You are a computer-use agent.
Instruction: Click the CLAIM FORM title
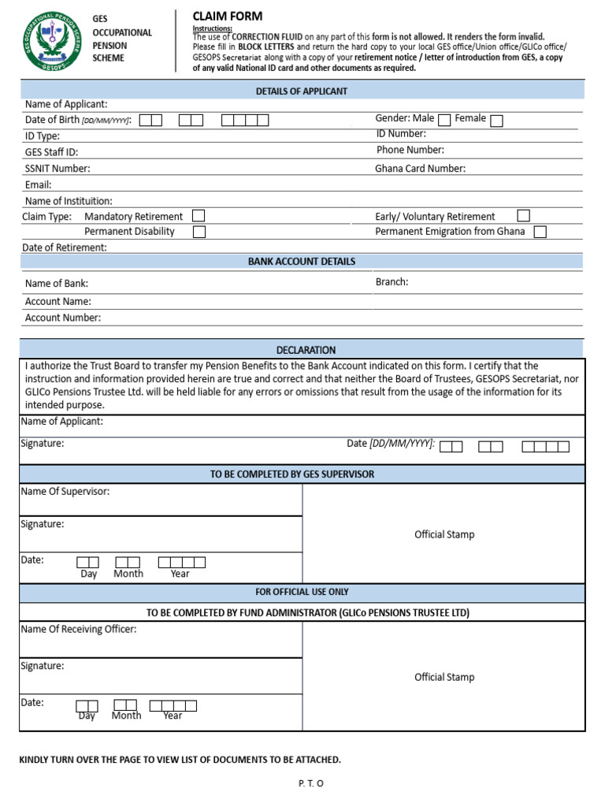click(x=228, y=17)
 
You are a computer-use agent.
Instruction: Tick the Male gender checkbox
click(x=444, y=120)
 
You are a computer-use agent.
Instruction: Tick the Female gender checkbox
click(x=496, y=120)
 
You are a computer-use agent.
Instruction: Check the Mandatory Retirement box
click(x=199, y=215)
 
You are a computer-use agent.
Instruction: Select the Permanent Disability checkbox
click(x=199, y=232)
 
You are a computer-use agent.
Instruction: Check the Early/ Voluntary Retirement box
click(x=524, y=215)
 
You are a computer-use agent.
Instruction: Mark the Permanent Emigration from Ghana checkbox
click(x=540, y=232)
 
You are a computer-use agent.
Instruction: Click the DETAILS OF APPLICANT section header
click(x=302, y=91)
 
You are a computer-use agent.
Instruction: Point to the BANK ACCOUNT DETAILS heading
click(x=302, y=262)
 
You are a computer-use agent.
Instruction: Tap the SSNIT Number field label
click(x=58, y=168)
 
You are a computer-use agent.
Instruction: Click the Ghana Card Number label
click(x=420, y=168)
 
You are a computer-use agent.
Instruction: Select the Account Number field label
click(x=63, y=318)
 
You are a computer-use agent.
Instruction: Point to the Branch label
click(x=392, y=281)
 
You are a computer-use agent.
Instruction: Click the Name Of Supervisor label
click(x=65, y=491)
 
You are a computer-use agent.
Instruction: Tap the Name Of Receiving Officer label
click(x=79, y=629)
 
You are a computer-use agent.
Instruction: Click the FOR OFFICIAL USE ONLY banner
click(x=302, y=592)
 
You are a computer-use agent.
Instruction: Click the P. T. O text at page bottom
click(x=311, y=783)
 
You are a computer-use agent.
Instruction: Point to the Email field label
click(x=39, y=185)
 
